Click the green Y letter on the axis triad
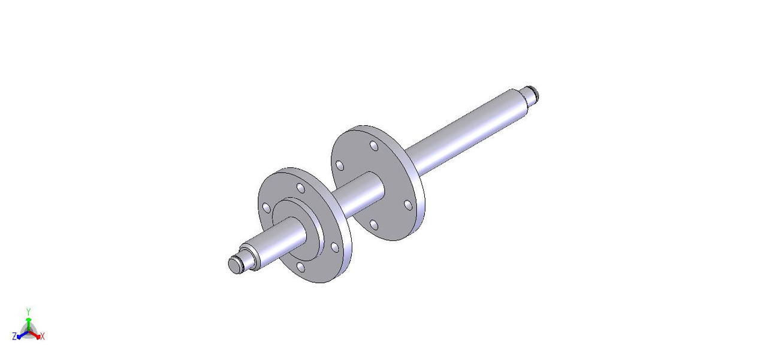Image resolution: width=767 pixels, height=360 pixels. (x=28, y=311)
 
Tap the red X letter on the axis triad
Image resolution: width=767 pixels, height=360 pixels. (x=43, y=337)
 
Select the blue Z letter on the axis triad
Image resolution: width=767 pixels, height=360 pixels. (x=14, y=337)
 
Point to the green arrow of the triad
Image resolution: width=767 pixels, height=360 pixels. (x=28, y=322)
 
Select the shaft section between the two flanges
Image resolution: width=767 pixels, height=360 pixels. (x=360, y=191)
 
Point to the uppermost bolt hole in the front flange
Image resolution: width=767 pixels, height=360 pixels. (x=301, y=189)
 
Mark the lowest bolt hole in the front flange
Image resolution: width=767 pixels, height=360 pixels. (x=300, y=267)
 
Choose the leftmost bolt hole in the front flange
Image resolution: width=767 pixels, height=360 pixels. (x=266, y=208)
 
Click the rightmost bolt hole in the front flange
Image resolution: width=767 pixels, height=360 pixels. (x=335, y=247)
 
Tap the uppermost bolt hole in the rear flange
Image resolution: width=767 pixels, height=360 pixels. (x=374, y=146)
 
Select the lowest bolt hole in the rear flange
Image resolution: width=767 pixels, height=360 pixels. (x=373, y=225)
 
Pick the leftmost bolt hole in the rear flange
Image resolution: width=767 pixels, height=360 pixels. (x=340, y=165)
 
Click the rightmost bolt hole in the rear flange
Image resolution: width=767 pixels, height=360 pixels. (x=407, y=205)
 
